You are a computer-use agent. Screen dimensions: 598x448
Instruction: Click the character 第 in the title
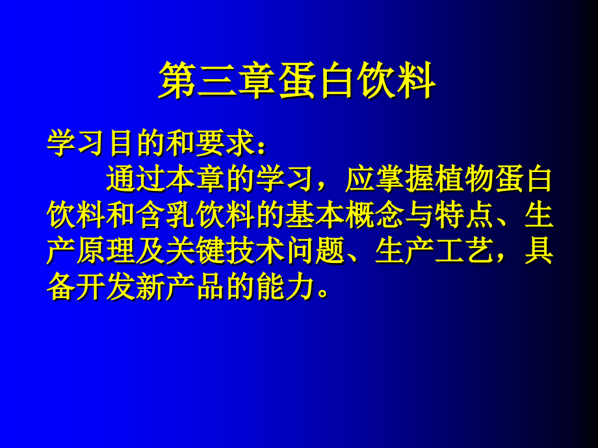tap(177, 81)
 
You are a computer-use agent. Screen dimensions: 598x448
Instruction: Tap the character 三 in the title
tap(217, 81)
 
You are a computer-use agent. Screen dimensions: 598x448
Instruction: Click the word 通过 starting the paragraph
tap(135, 179)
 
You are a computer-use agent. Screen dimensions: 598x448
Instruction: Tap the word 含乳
tap(165, 214)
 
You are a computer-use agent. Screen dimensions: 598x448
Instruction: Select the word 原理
tap(106, 250)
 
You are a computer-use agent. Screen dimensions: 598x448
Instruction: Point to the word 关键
tap(195, 250)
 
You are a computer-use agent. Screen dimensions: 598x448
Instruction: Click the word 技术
tap(255, 250)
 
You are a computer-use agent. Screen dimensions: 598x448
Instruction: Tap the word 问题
tap(315, 250)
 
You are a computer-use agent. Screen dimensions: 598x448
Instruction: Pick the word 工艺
tap(464, 250)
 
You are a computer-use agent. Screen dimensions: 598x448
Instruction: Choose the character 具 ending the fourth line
tap(538, 250)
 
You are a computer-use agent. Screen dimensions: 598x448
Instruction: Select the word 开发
tap(106, 286)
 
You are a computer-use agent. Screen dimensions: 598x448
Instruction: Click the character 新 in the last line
tap(150, 286)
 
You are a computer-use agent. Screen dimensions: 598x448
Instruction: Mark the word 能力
tap(285, 286)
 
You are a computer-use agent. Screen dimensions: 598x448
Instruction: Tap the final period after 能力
tap(322, 294)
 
